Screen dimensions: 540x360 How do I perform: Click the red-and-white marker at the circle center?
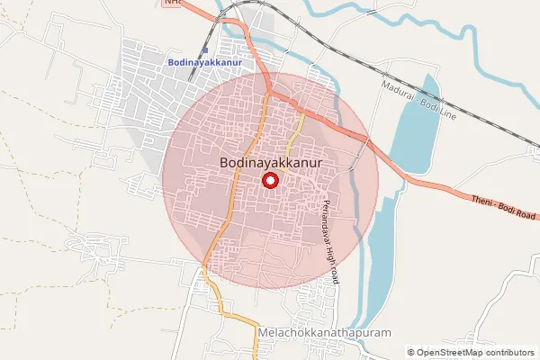(270, 181)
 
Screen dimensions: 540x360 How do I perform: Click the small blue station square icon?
(205, 49)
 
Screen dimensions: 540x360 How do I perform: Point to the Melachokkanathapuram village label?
(325, 332)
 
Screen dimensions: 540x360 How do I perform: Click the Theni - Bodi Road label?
(503, 207)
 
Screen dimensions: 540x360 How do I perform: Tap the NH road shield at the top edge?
(172, 3)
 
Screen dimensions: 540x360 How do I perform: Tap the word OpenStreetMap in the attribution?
(450, 353)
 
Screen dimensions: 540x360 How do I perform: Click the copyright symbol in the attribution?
(411, 353)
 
